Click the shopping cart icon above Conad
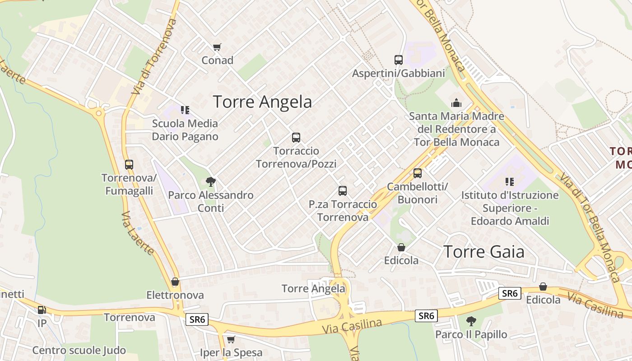pyautogui.click(x=217, y=47)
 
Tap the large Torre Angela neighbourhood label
pyautogui.click(x=262, y=102)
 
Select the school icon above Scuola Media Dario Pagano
pyautogui.click(x=185, y=110)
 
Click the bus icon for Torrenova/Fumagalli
pyautogui.click(x=129, y=165)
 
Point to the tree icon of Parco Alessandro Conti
pyautogui.click(x=210, y=182)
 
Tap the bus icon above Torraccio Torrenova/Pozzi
pyautogui.click(x=296, y=138)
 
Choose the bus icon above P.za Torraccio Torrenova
pyautogui.click(x=343, y=191)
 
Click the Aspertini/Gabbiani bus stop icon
pyautogui.click(x=398, y=60)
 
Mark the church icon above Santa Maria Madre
pyautogui.click(x=456, y=103)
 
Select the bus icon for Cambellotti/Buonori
pyautogui.click(x=418, y=173)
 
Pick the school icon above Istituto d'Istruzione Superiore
pyautogui.click(x=510, y=182)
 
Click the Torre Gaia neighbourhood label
pyautogui.click(x=484, y=252)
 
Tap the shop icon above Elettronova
pyautogui.click(x=175, y=282)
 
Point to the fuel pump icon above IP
pyautogui.click(x=42, y=310)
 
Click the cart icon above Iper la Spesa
pyautogui.click(x=231, y=339)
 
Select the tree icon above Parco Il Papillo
pyautogui.click(x=471, y=321)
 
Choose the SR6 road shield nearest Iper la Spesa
pyautogui.click(x=197, y=320)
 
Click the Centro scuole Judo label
pyautogui.click(x=79, y=350)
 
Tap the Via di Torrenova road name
pyautogui.click(x=154, y=56)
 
